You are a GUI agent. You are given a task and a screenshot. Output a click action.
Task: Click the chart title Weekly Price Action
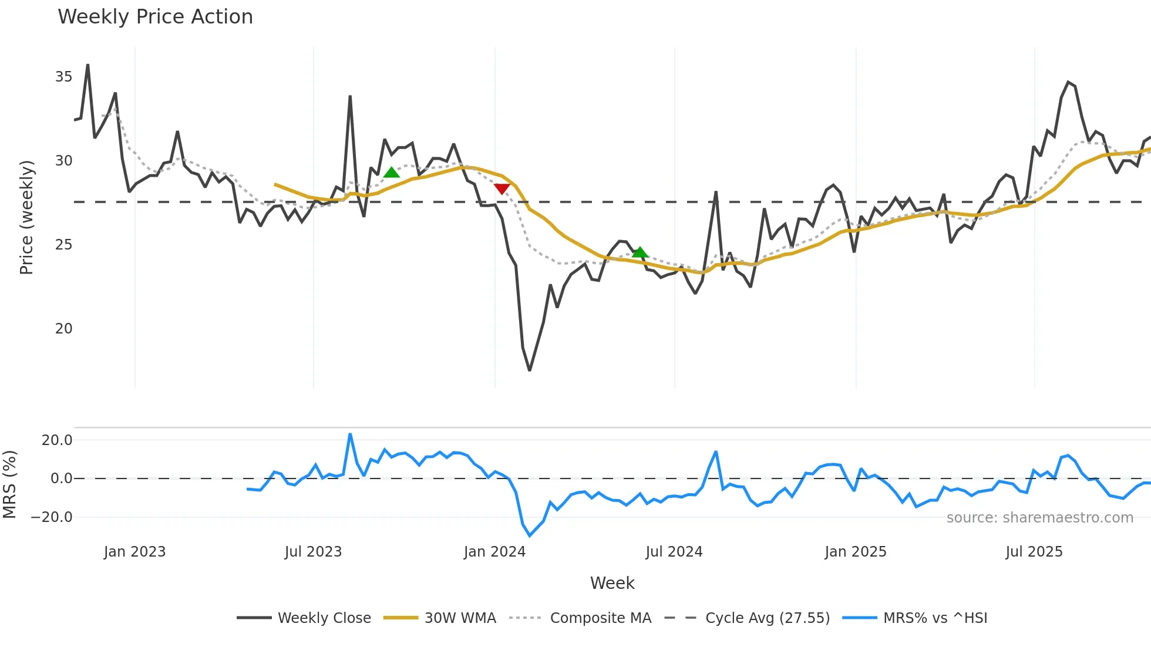[x=155, y=17]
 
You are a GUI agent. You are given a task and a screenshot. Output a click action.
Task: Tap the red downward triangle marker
[x=502, y=188]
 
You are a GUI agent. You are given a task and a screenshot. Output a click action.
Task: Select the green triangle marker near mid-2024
[x=640, y=252]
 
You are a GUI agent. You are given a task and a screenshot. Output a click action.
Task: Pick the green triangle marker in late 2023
[x=392, y=172]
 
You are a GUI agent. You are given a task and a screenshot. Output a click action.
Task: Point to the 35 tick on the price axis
[x=63, y=77]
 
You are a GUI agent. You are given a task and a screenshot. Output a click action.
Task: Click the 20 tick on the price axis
[x=63, y=329]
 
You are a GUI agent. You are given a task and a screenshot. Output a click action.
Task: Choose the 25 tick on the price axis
[x=63, y=245]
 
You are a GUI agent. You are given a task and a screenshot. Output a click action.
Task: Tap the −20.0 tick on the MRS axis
[x=52, y=517]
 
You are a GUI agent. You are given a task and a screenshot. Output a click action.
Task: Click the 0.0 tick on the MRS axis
[x=61, y=478]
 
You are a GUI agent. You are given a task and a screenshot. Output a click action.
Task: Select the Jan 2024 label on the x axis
[x=494, y=552]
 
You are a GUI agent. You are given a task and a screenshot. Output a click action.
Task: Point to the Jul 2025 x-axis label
[x=1034, y=552]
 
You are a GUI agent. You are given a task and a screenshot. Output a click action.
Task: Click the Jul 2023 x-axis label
[x=313, y=552]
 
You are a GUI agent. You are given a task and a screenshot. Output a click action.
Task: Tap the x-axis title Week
[x=612, y=583]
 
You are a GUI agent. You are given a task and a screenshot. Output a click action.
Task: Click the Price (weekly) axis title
[x=27, y=217]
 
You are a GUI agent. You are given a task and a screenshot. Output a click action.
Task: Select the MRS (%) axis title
[x=9, y=484]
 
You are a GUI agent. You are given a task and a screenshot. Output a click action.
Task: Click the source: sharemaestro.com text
[x=1039, y=518]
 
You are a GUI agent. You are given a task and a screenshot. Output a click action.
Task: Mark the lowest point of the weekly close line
[x=530, y=370]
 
